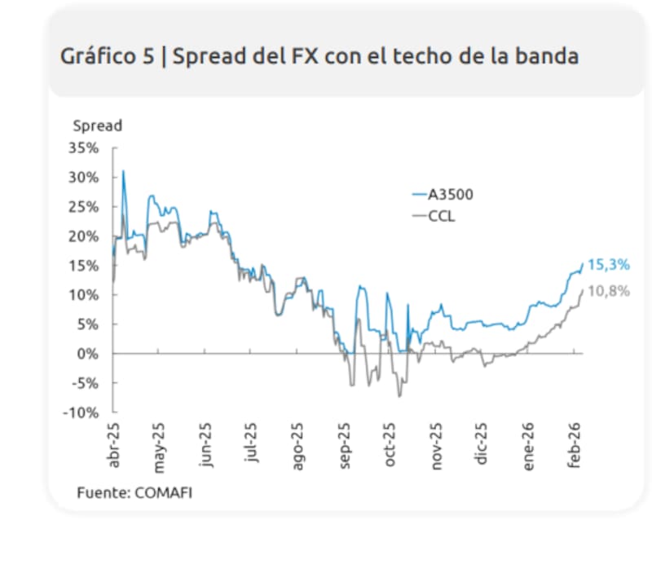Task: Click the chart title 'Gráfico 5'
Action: [104, 56]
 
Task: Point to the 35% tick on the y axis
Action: [85, 148]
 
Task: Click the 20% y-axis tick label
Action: [85, 236]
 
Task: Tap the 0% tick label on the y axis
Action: [90, 354]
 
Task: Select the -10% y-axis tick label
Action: [81, 412]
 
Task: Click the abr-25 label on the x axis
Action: [115, 445]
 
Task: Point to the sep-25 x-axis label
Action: [345, 445]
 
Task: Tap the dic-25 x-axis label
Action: [482, 443]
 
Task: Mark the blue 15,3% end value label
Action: [609, 265]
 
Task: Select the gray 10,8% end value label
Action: [609, 291]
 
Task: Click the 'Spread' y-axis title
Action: [97, 126]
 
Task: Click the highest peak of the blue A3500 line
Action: [123, 171]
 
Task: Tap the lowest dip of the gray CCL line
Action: [399, 396]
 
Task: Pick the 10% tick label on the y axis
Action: [85, 295]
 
